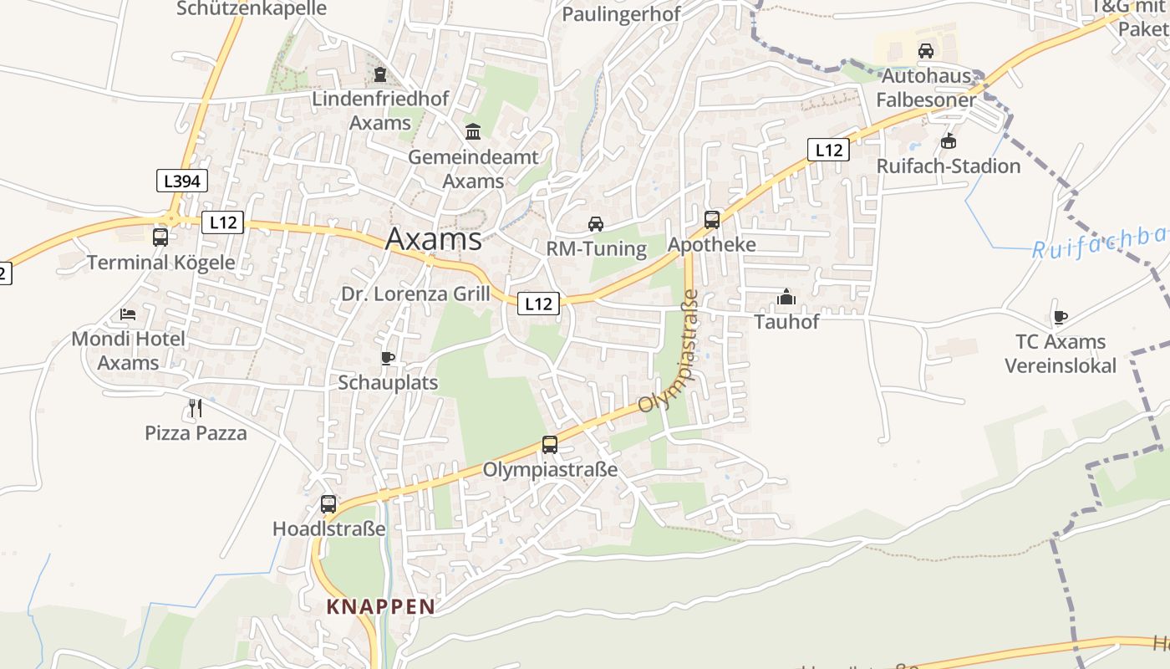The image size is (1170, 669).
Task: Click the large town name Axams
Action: point(433,240)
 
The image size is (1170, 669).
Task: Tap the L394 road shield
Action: point(181,181)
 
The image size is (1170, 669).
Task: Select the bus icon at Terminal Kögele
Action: point(160,237)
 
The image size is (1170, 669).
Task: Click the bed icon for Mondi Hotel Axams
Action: point(128,314)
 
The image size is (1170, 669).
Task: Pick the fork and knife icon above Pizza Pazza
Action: point(196,408)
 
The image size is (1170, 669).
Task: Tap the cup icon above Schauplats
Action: point(388,358)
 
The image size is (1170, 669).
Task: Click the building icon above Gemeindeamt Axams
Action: point(473,131)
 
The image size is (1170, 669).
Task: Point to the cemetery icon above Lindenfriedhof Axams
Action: point(380,74)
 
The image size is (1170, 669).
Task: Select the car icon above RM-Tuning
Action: point(596,223)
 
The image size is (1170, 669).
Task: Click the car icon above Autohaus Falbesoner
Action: point(926,50)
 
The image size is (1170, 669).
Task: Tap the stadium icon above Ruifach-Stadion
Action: point(948,140)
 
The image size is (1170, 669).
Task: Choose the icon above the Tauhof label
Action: point(786,297)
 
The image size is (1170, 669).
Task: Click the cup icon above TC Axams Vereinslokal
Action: point(1060,317)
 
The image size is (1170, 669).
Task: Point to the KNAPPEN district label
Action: point(381,606)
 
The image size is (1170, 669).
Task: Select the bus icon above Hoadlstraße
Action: point(328,504)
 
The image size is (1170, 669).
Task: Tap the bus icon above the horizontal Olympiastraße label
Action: point(550,444)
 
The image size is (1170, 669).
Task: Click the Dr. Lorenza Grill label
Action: point(415,294)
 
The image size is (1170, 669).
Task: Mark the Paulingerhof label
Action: point(621,14)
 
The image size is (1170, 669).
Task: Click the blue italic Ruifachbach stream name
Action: point(1099,242)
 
